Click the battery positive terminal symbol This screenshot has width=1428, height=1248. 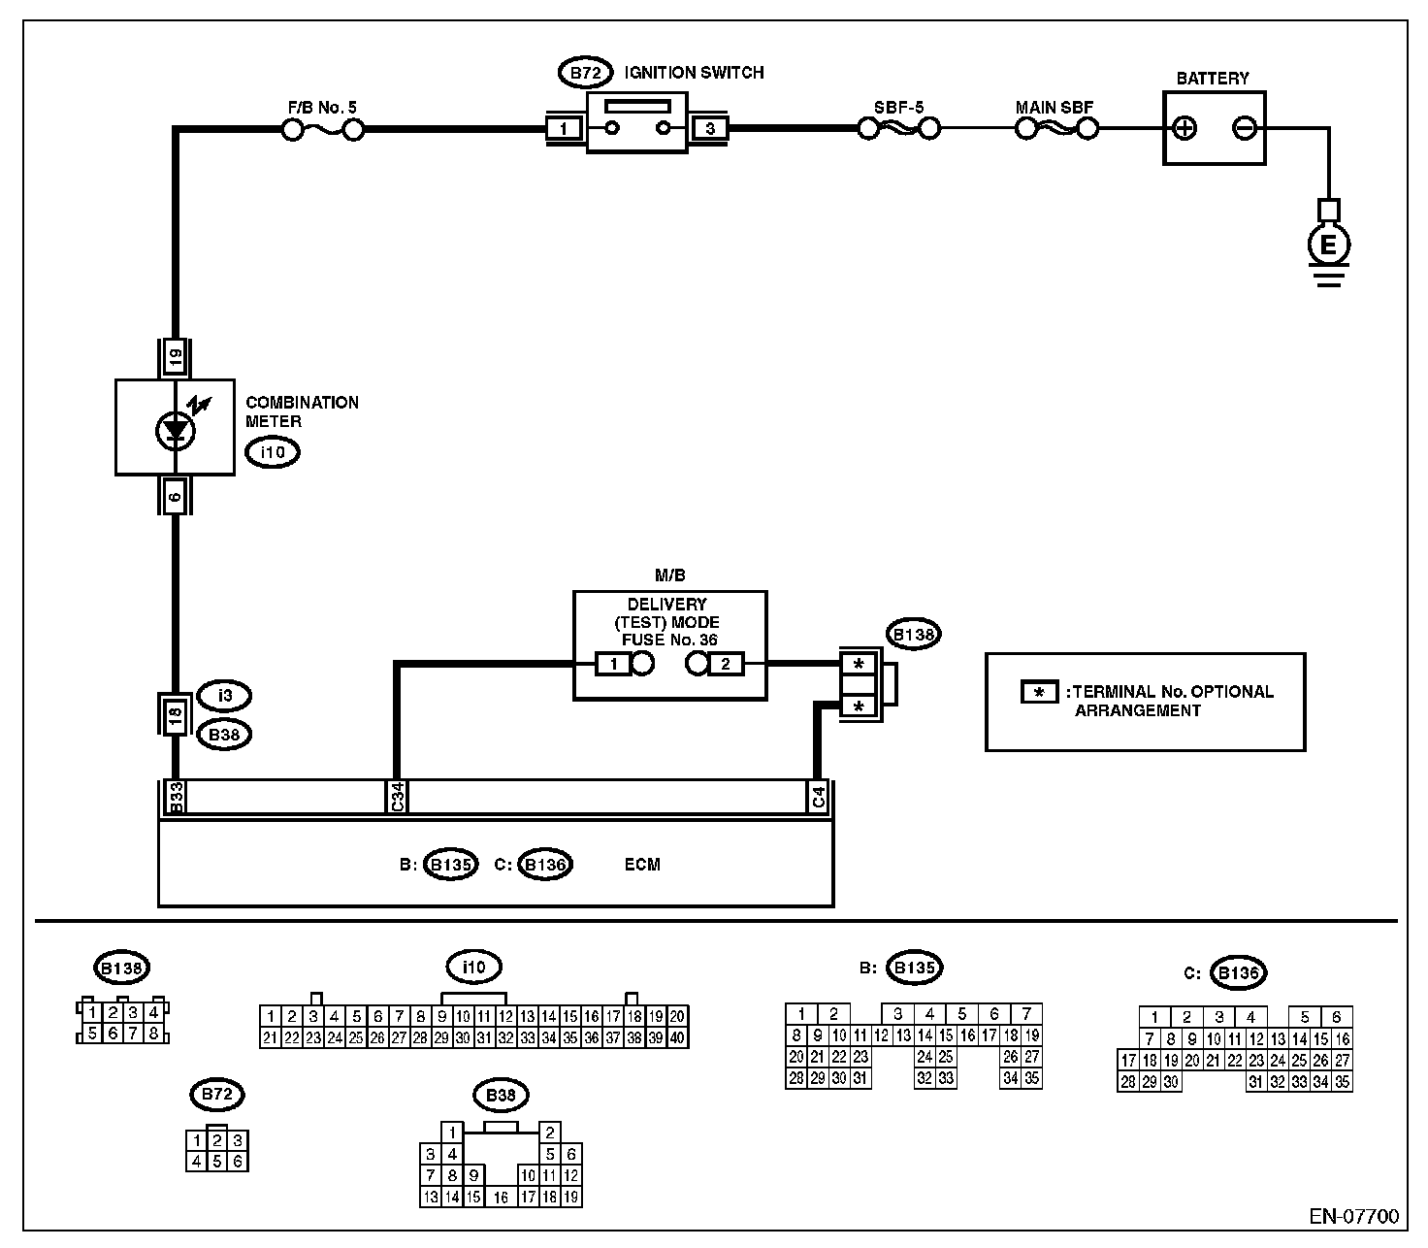point(1184,128)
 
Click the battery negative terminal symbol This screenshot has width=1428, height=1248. point(1245,128)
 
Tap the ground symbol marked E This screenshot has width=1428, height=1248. point(1328,245)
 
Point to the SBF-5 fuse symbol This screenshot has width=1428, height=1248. point(899,129)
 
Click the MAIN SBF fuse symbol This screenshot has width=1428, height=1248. point(1056,129)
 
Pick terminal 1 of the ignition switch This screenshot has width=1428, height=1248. point(564,128)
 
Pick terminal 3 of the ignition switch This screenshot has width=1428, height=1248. point(710,128)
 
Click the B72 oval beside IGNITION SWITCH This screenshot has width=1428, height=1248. point(586,73)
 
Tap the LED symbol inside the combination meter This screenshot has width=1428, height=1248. point(176,431)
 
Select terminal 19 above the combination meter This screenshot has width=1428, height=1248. point(176,358)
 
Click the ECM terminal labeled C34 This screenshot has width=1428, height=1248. point(397,797)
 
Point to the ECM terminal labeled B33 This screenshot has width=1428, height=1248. point(176,797)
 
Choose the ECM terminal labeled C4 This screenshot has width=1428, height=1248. point(818,797)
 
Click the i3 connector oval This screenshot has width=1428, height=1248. point(225,696)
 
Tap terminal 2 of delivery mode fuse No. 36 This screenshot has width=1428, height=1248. point(726,664)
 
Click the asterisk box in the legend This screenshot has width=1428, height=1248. point(1039,692)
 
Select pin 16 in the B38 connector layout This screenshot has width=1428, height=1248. point(501,1197)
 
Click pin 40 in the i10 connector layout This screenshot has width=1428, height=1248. point(677,1038)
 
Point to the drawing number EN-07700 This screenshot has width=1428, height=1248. point(1354,1217)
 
